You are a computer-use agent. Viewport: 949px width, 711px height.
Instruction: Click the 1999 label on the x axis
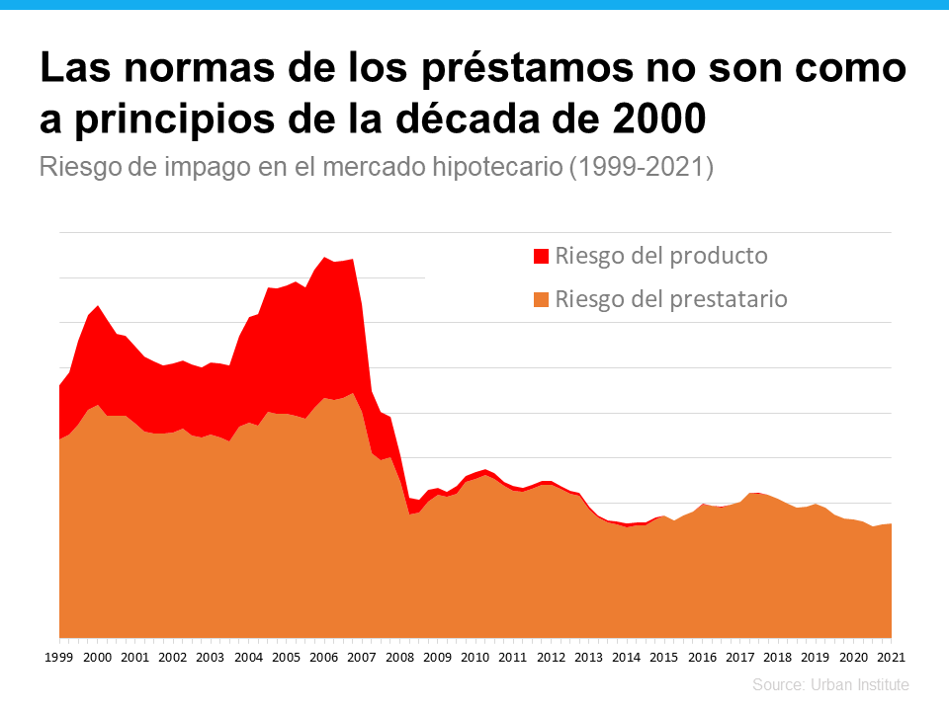pos(59,657)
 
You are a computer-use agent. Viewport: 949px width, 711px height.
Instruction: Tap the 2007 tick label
pos(361,657)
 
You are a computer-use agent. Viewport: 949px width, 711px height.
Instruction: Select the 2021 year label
pos(890,657)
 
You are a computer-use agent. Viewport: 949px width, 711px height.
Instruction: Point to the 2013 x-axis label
pos(588,657)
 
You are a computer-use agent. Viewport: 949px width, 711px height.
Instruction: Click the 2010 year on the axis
pos(474,657)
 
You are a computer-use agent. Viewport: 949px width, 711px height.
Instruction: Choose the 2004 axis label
pos(248,657)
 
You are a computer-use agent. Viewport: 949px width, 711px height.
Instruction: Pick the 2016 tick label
pos(702,657)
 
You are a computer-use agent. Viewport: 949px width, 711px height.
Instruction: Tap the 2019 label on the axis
pos(815,657)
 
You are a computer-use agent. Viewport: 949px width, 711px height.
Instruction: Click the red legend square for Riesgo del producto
pos(541,257)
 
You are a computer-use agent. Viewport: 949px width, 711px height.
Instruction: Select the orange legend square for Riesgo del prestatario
pos(541,299)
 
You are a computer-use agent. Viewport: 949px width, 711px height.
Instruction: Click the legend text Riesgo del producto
pos(661,256)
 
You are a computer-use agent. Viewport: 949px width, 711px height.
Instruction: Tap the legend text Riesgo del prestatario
pos(671,298)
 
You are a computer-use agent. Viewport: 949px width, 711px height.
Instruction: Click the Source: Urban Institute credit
pos(829,684)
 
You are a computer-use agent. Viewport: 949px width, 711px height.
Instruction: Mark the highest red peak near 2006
pos(324,257)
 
